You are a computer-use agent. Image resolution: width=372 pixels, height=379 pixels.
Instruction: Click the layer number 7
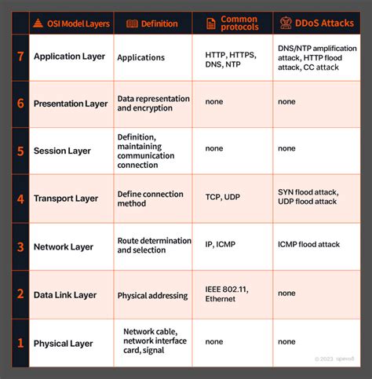pos(20,57)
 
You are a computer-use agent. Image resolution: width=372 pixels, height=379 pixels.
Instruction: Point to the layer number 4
pos(20,199)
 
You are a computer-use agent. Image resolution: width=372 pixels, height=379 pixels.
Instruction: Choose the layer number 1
pos(20,343)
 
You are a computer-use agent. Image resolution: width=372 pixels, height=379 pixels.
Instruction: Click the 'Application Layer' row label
pos(69,57)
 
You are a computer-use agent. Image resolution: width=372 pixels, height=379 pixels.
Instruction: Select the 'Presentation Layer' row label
pos(71,104)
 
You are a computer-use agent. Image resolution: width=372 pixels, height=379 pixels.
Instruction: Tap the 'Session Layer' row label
pos(62,151)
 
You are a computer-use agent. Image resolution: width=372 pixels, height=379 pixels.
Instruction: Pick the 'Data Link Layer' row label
pos(65,295)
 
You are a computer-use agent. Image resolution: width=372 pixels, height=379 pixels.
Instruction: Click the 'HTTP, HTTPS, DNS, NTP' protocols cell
pos(231,57)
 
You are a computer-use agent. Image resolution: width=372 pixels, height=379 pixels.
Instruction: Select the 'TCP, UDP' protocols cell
pos(222,197)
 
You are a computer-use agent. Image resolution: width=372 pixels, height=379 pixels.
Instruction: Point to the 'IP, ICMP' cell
pos(220,245)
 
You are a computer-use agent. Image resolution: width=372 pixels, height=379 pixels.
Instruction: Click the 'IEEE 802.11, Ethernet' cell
pos(227,295)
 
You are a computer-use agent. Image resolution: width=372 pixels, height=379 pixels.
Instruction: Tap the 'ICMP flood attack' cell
pos(308,245)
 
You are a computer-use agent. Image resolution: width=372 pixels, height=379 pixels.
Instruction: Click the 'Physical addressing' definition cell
pos(152,296)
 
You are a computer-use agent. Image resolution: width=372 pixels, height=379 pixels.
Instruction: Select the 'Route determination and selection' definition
pos(154,246)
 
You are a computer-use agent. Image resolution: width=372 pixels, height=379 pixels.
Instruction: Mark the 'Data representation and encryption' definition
pos(153,104)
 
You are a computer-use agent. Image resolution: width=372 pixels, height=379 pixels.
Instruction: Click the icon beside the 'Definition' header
pos(132,24)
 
